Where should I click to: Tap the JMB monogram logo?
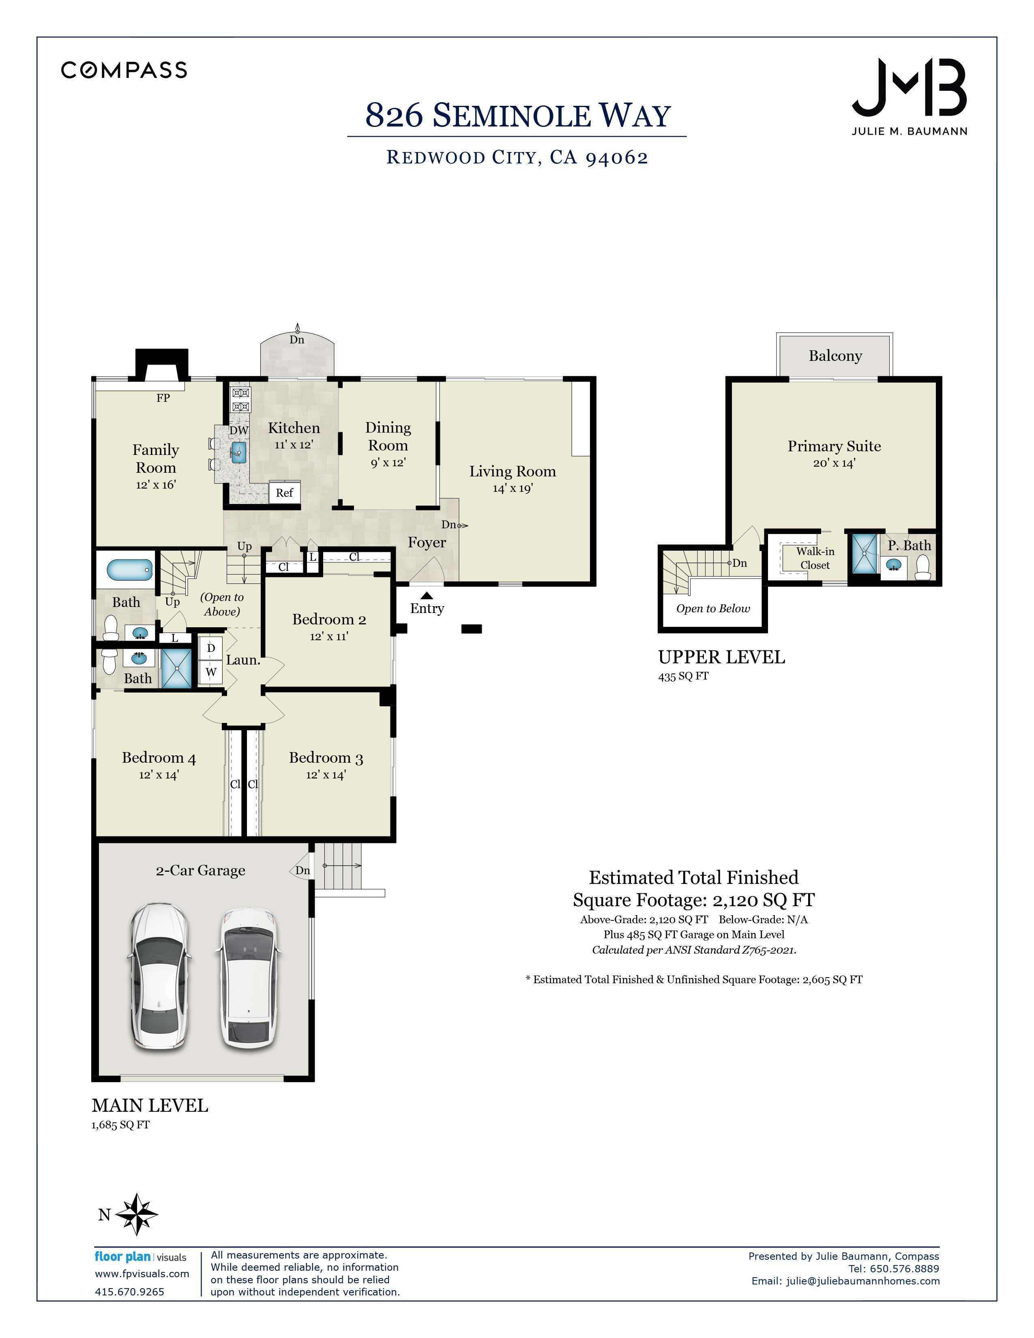[x=909, y=88]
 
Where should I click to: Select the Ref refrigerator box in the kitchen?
[x=284, y=493]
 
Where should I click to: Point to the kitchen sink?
[x=239, y=452]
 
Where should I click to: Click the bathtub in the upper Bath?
[x=129, y=570]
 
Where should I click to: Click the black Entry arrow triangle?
[x=427, y=595]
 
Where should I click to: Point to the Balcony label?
[x=835, y=356]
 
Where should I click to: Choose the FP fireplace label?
[x=163, y=398]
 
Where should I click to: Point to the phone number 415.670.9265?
[x=129, y=1291]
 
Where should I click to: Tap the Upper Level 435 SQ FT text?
[x=683, y=676]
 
